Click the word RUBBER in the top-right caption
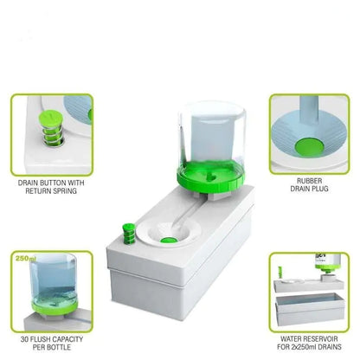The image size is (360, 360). [x=308, y=183]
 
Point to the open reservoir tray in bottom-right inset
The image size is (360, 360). [x=306, y=307]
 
